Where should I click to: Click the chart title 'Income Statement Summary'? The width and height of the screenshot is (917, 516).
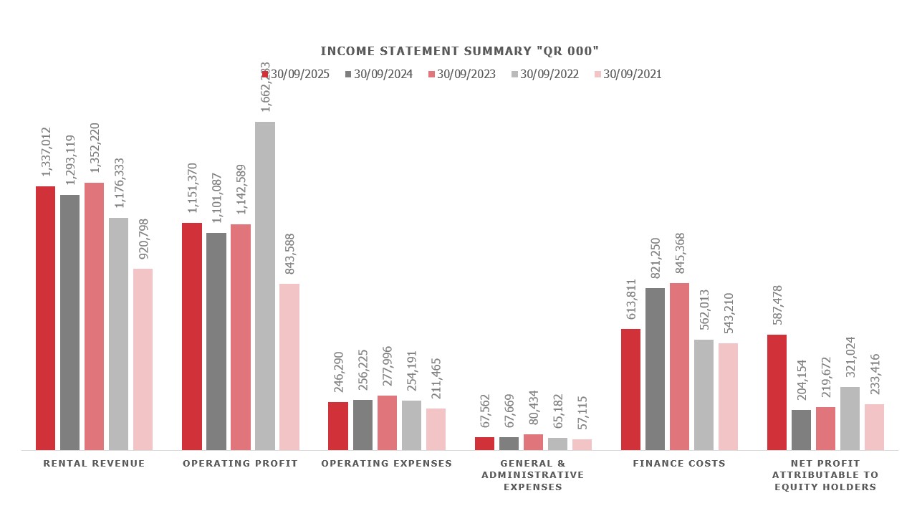pyautogui.click(x=459, y=51)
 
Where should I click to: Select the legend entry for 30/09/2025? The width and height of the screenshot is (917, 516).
pyautogui.click(x=295, y=74)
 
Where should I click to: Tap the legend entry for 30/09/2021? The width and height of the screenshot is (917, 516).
pyautogui.click(x=628, y=74)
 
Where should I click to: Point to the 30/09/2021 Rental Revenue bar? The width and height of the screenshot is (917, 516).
pyautogui.click(x=143, y=359)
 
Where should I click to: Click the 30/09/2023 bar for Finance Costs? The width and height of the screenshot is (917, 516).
pyautogui.click(x=679, y=366)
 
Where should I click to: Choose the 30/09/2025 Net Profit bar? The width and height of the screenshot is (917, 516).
pyautogui.click(x=777, y=392)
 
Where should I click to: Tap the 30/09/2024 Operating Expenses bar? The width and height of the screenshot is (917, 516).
pyautogui.click(x=363, y=424)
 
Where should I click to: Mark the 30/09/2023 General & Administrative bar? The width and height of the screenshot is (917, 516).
pyautogui.click(x=533, y=441)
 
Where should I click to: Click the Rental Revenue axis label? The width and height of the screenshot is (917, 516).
pyautogui.click(x=94, y=464)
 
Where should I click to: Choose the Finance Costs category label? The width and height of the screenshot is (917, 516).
pyautogui.click(x=679, y=464)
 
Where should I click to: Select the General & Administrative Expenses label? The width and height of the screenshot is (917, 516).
pyautogui.click(x=533, y=475)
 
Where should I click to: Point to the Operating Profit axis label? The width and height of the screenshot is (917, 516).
pyautogui.click(x=240, y=464)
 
